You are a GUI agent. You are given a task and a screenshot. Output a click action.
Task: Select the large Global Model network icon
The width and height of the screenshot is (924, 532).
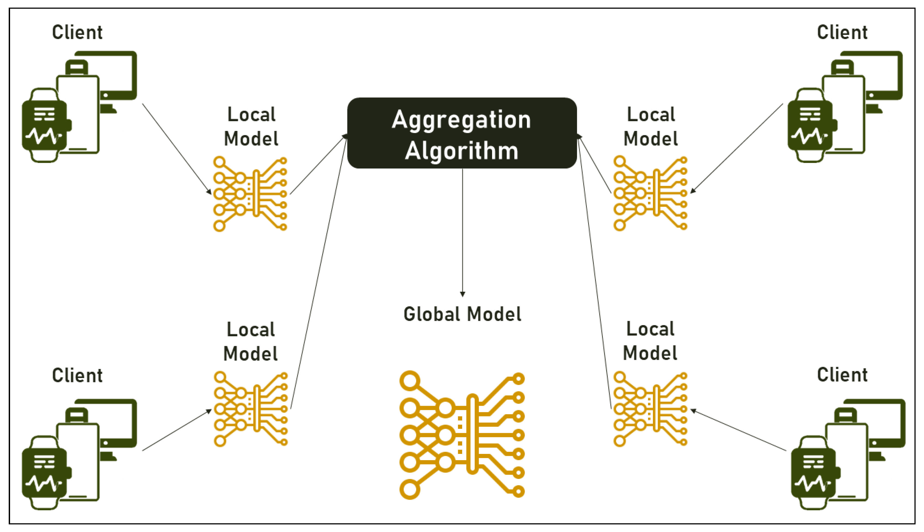pyautogui.click(x=462, y=435)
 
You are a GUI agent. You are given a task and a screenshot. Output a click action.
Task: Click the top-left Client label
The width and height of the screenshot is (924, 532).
pyautogui.click(x=77, y=32)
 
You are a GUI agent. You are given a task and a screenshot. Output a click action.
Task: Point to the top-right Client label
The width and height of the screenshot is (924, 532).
pyautogui.click(x=842, y=32)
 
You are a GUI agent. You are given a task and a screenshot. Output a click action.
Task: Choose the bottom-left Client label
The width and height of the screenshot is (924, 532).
pyautogui.click(x=77, y=375)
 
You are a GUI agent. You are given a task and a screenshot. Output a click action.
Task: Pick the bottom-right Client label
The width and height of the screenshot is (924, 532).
pyautogui.click(x=842, y=374)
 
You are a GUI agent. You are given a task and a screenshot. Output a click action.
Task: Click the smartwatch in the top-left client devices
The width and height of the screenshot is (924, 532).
pyautogui.click(x=45, y=125)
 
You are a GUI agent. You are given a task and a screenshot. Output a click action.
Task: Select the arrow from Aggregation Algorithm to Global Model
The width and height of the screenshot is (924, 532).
pyautogui.click(x=463, y=232)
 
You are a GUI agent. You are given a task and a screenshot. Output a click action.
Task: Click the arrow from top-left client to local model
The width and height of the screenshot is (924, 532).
pyautogui.click(x=177, y=149)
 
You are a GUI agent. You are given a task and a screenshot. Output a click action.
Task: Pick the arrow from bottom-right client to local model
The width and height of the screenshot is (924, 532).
pyautogui.click(x=738, y=430)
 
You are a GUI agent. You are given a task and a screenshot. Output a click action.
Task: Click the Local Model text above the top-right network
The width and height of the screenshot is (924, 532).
pyautogui.click(x=651, y=127)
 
